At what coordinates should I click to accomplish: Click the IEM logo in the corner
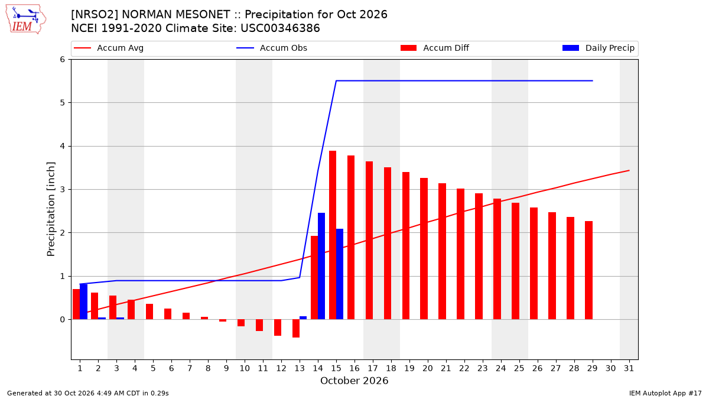click(x=25, y=20)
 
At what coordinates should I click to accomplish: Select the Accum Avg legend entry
click(x=109, y=48)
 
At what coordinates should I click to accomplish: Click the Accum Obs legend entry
click(x=272, y=48)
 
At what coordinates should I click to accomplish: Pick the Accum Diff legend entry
click(x=435, y=48)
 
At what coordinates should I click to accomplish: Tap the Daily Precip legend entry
click(x=598, y=48)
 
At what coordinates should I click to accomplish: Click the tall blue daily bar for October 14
click(x=321, y=266)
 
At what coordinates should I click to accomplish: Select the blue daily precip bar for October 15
click(x=340, y=274)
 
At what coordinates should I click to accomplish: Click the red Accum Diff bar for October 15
click(x=332, y=235)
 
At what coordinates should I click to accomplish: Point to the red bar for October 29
click(x=588, y=270)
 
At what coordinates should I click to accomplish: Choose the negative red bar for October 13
click(x=296, y=329)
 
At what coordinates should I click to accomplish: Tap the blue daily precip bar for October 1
click(x=83, y=301)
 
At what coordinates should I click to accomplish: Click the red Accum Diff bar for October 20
click(x=424, y=249)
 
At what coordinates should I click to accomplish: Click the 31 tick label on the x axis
click(x=629, y=368)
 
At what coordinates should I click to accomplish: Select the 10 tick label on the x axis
click(x=245, y=368)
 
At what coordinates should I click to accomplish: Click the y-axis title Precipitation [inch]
click(x=51, y=209)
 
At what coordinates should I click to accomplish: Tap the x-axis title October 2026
click(x=354, y=381)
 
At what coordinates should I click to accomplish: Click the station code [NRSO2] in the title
click(x=95, y=15)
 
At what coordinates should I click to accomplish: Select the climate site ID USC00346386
click(x=280, y=28)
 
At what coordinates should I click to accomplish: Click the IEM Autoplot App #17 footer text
click(x=665, y=393)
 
